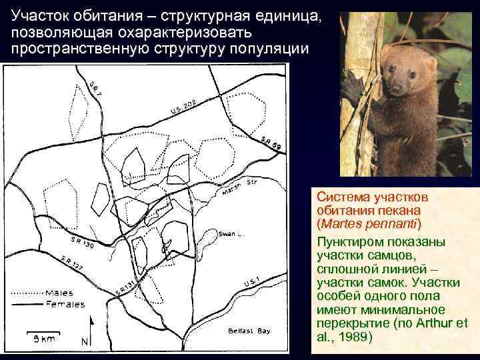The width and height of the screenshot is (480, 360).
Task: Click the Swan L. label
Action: [x=229, y=233]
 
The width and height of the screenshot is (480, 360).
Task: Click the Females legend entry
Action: [x=64, y=304]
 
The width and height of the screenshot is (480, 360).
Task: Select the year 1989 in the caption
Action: [x=353, y=337]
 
